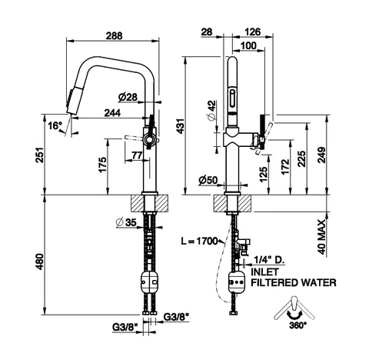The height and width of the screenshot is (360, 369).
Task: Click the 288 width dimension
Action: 114,35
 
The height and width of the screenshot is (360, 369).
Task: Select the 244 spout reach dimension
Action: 112,113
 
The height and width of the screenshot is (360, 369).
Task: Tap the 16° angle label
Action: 55,125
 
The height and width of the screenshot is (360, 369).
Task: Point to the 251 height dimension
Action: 39,155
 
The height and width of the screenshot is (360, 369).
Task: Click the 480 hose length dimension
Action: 39,262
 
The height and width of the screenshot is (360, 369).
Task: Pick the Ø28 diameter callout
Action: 128,97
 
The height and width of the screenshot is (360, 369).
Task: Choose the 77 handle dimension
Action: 137,155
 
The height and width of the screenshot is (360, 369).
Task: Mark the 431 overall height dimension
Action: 181,125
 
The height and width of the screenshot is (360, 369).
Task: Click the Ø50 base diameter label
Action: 208,180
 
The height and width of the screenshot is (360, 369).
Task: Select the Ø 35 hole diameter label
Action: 126,222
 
